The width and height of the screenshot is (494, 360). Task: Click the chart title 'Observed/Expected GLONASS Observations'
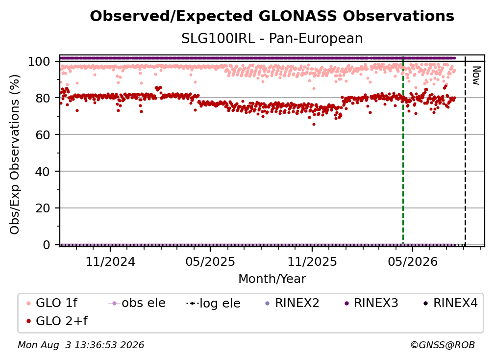coord(272,16)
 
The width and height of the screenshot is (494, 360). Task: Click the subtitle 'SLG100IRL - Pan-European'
coord(272,39)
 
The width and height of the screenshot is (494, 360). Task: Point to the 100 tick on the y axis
coord(39,61)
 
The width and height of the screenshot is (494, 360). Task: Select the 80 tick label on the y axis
coord(43,98)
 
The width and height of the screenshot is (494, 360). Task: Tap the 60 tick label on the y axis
coord(43,134)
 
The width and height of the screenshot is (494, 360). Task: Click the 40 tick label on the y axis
coord(43,172)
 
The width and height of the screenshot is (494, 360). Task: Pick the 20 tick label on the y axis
coord(43,208)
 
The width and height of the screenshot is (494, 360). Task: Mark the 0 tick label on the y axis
coord(46,245)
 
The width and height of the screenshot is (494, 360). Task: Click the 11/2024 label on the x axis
coord(110,261)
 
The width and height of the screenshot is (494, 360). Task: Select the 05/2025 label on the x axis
coord(210,261)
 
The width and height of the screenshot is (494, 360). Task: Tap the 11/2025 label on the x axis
coord(312,261)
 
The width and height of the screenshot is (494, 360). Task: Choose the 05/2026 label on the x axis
coord(413,261)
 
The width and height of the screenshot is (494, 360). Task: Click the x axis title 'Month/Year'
coord(272,279)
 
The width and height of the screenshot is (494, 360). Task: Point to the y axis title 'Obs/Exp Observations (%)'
coord(15,154)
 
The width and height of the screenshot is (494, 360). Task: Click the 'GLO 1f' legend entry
coord(52,303)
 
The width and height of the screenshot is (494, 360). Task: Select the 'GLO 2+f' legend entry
coord(57,321)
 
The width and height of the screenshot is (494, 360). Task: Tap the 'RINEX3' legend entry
coord(372,303)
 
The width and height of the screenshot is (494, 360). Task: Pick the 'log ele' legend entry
coord(214,303)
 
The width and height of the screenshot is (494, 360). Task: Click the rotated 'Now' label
coord(476,76)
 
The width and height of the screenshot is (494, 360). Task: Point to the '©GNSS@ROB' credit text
coord(443,345)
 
